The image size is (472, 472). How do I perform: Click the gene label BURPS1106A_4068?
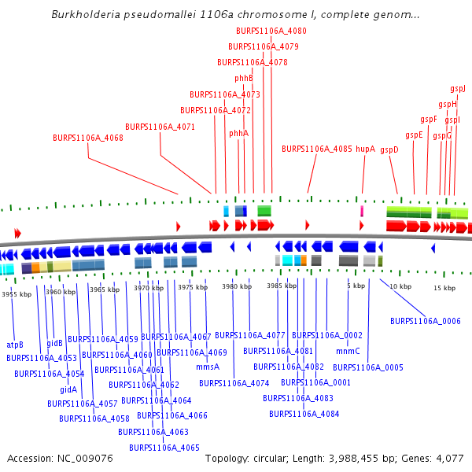coord(88,138)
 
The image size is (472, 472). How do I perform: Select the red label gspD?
coord(389,149)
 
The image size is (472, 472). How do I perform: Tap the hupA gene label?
coord(365,148)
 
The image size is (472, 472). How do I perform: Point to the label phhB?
coord(243,78)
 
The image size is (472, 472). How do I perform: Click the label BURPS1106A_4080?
coord(271,31)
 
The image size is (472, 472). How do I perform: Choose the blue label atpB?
coord(15,345)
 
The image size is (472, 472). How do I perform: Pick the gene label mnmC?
coord(347,351)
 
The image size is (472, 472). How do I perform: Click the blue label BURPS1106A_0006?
coord(426,321)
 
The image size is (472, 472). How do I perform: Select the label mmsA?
coord(208,367)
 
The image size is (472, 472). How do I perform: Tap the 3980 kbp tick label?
coord(236,286)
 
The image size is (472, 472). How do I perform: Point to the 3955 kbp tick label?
coord(17,294)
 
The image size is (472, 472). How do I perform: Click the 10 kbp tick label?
coord(400,286)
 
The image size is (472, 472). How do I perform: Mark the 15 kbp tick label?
coord(444,288)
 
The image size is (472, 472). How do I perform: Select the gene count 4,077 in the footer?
coord(448,458)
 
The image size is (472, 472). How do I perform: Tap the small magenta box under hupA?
coord(362,211)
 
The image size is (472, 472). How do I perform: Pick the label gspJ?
coord(458,89)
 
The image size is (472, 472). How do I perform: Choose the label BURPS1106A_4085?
coord(317,148)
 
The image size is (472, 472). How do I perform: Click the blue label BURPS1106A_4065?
coord(164,448)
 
